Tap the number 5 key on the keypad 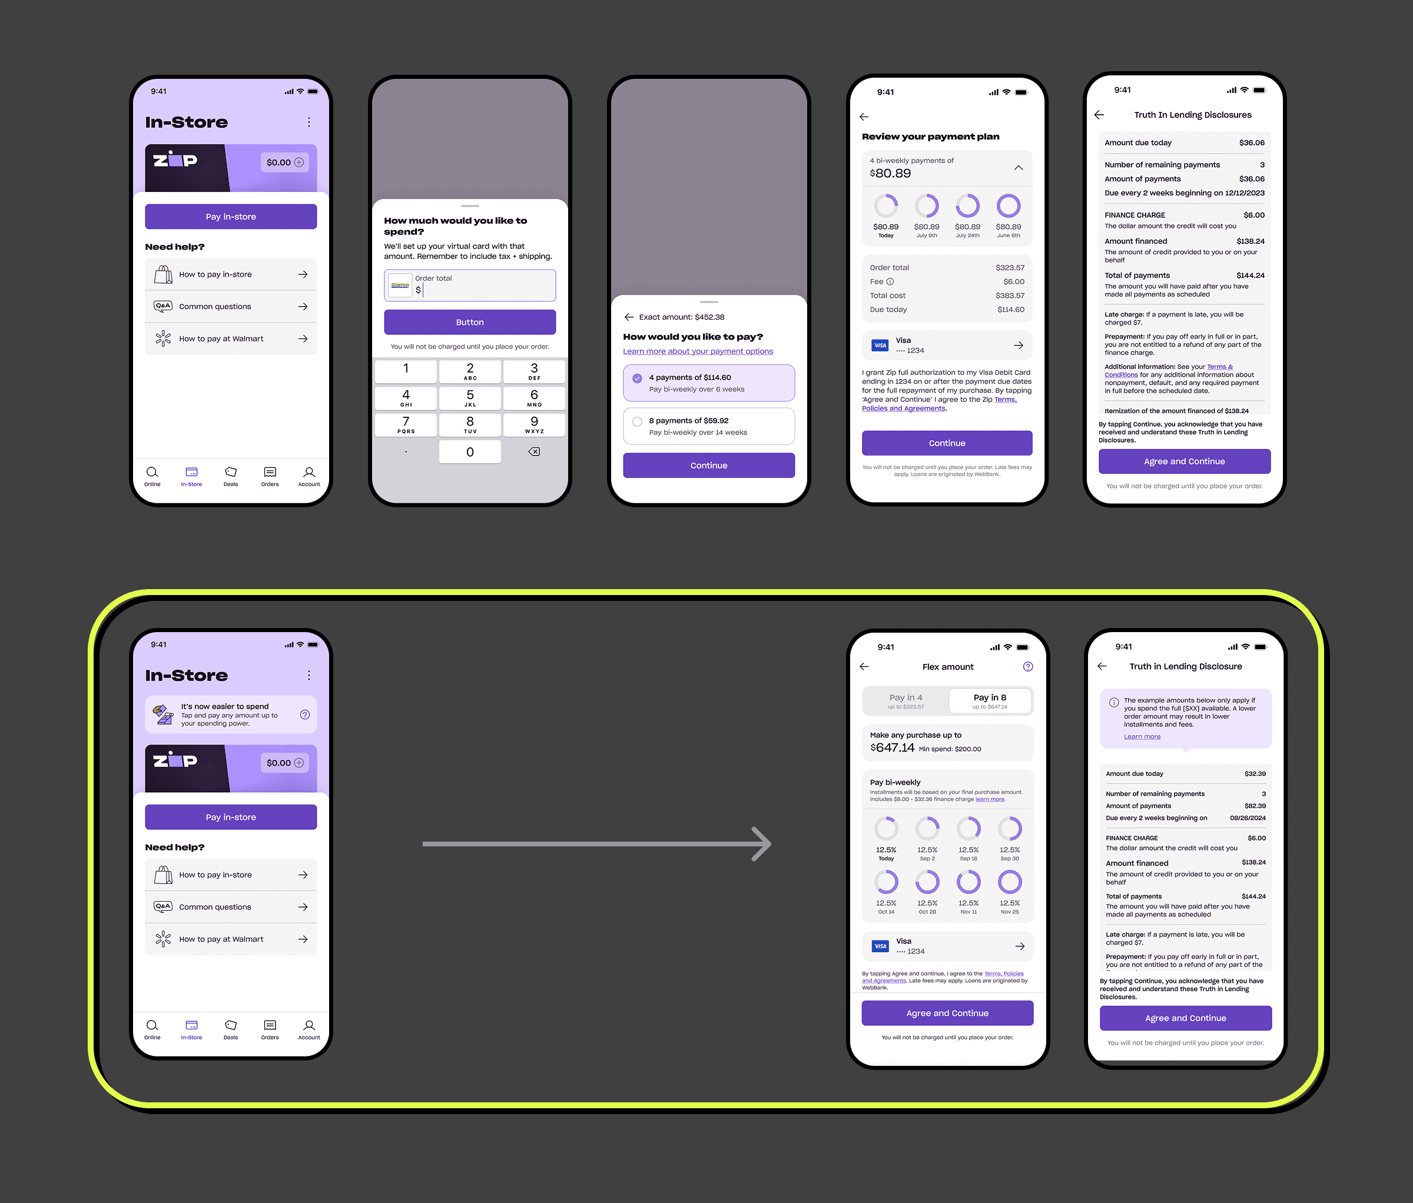[x=470, y=397]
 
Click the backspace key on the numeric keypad [x=534, y=452]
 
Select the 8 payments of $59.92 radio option [x=637, y=421]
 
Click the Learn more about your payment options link [x=698, y=352]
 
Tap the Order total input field [x=484, y=285]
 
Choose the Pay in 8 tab [x=990, y=700]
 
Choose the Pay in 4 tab [x=905, y=700]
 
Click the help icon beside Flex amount [x=1028, y=667]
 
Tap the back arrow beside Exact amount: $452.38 [x=629, y=317]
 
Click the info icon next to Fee [x=890, y=281]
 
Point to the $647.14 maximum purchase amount [x=893, y=747]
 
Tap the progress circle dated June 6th [x=1008, y=206]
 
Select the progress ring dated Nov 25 [x=1009, y=883]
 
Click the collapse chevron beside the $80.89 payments [x=1018, y=168]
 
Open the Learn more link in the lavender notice [x=1142, y=737]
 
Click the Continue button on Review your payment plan [x=947, y=443]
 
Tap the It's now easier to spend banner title [x=224, y=706]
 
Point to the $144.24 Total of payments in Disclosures [x=1250, y=275]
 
